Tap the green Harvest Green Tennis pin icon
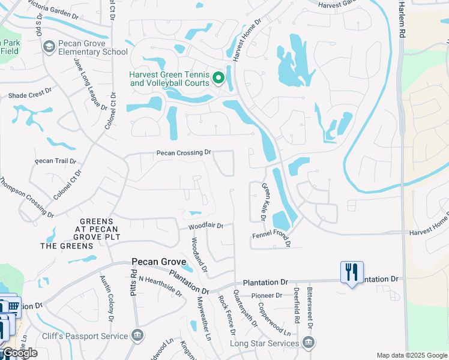click(219, 78)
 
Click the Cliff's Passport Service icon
click(137, 335)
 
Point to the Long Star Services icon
click(309, 343)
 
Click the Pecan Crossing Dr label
click(184, 153)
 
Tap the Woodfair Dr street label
click(205, 226)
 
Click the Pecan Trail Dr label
click(55, 161)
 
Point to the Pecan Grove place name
click(158, 262)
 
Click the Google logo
click(19, 353)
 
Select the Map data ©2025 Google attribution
click(411, 355)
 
